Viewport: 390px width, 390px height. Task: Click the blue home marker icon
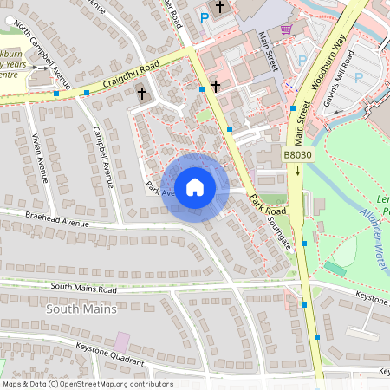(x=195, y=187)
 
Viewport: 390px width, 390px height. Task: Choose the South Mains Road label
(x=83, y=288)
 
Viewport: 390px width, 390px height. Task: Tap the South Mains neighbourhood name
(x=81, y=309)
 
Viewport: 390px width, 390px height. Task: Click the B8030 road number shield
(x=297, y=154)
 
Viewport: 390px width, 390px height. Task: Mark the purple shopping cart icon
(x=285, y=29)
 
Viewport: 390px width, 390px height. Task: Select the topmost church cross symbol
(x=220, y=8)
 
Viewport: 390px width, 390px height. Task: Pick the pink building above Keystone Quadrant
(x=122, y=341)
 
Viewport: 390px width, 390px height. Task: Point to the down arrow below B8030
(x=297, y=171)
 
